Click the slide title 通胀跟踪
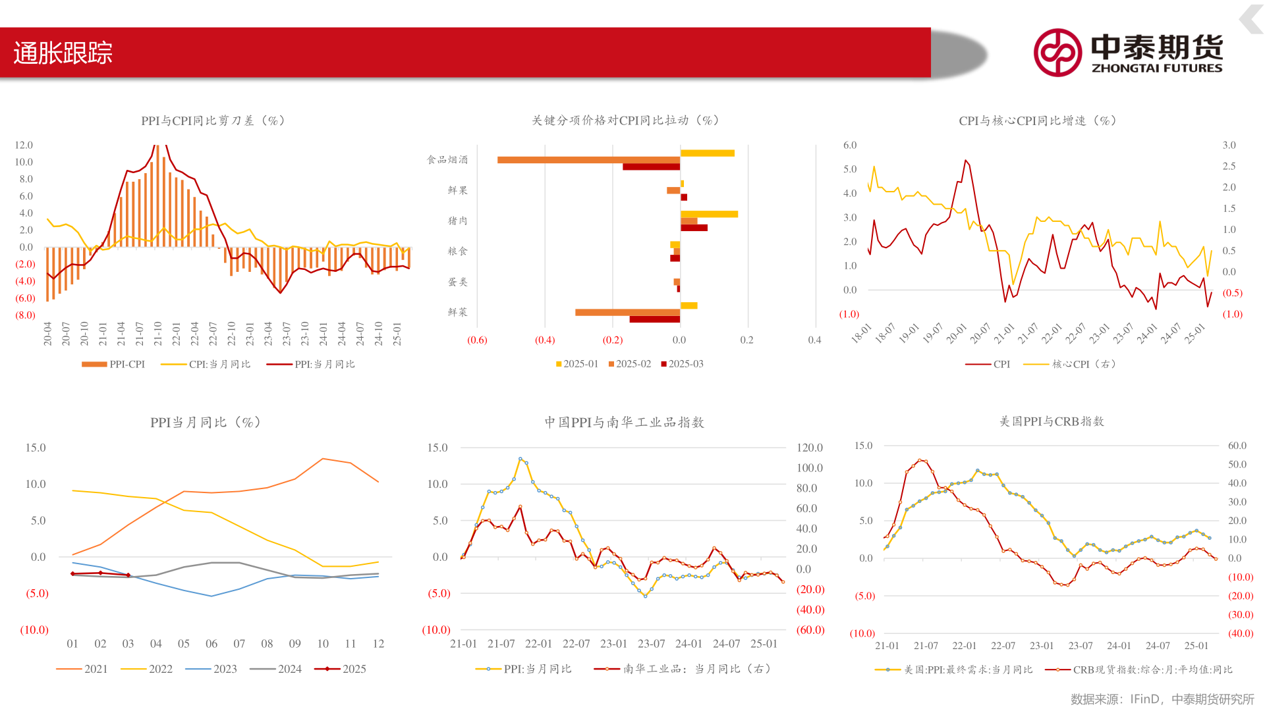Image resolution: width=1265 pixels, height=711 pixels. click(63, 53)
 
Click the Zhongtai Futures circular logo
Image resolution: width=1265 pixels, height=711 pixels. click(1057, 53)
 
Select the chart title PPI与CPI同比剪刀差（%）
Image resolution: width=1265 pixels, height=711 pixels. click(213, 120)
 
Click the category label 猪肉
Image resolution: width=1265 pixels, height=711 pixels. click(457, 221)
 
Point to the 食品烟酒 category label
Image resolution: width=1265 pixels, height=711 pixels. click(447, 159)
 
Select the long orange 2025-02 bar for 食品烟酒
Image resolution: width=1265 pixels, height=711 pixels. click(588, 160)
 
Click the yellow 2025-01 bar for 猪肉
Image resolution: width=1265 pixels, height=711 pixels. click(709, 214)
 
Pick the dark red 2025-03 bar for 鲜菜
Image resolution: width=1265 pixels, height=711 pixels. click(654, 319)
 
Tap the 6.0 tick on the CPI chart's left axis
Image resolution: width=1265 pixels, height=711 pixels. click(850, 145)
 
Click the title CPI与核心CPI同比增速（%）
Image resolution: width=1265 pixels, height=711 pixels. click(1037, 120)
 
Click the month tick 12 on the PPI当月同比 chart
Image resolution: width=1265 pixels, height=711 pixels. click(378, 644)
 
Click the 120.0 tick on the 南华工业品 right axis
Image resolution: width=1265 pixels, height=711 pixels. click(810, 448)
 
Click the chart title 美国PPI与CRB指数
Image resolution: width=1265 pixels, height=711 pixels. click(1052, 421)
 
